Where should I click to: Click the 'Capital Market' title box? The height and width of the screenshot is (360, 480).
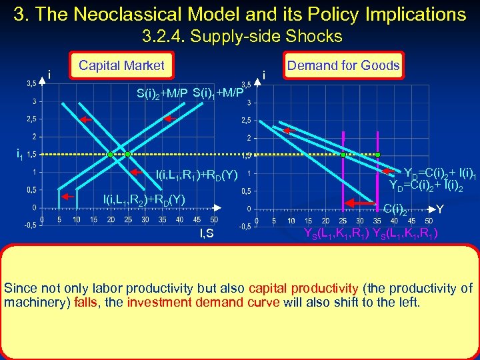tap(121, 65)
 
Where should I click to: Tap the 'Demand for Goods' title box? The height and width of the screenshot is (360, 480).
tap(343, 65)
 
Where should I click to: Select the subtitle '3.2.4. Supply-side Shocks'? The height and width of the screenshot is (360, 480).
tap(241, 36)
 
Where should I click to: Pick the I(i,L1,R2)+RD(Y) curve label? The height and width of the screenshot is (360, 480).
tap(143, 199)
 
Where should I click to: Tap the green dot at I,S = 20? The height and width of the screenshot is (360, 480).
tap(111, 155)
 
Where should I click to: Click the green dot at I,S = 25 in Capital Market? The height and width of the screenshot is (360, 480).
tap(128, 155)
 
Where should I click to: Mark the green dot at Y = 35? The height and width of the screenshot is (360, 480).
tap(377, 155)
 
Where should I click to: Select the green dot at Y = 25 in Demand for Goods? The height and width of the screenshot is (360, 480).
tap(343, 155)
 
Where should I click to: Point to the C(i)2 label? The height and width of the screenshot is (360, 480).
tap(395, 210)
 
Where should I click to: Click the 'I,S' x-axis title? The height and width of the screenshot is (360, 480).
tap(207, 232)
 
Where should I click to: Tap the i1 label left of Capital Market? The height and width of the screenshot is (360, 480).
tap(19, 155)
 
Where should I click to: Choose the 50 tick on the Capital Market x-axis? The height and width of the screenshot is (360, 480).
tap(213, 219)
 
